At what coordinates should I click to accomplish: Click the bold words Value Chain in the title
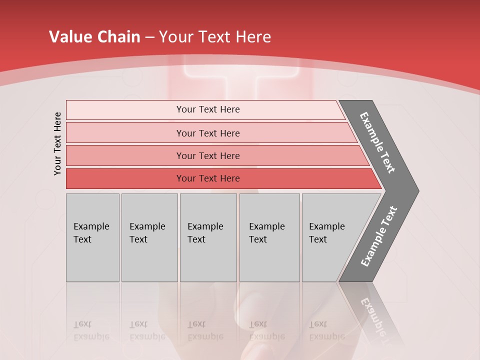click(94, 37)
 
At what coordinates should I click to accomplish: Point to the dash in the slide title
click(149, 37)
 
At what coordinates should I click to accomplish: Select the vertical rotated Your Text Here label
click(57, 143)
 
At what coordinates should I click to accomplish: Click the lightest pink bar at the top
click(207, 109)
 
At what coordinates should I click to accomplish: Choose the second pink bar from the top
click(207, 133)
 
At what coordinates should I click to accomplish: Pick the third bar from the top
click(207, 155)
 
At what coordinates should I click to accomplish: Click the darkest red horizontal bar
click(207, 178)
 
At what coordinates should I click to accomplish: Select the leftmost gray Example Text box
click(92, 237)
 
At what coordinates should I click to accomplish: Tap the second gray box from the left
click(149, 237)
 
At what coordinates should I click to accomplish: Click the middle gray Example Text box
click(208, 237)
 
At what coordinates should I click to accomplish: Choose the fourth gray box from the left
click(269, 237)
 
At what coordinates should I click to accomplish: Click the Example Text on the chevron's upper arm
click(377, 142)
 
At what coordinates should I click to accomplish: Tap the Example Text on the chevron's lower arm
click(378, 236)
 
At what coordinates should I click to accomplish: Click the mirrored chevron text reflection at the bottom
click(372, 320)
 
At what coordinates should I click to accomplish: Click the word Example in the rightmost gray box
click(326, 226)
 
